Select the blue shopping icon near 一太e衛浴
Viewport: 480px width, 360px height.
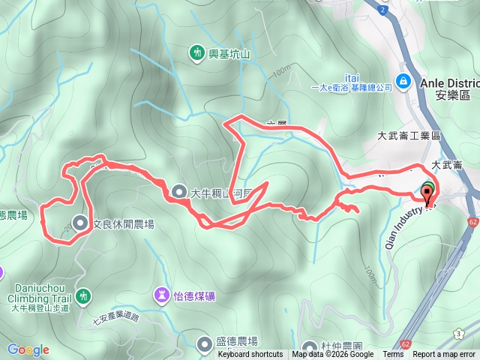(403, 80)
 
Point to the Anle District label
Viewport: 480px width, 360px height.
(449, 82)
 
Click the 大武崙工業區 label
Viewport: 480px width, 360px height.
(408, 136)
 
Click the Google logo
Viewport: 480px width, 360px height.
(28, 349)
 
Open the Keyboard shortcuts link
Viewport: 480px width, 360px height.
(250, 355)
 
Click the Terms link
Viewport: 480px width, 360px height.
(393, 355)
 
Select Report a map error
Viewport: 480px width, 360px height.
(444, 355)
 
